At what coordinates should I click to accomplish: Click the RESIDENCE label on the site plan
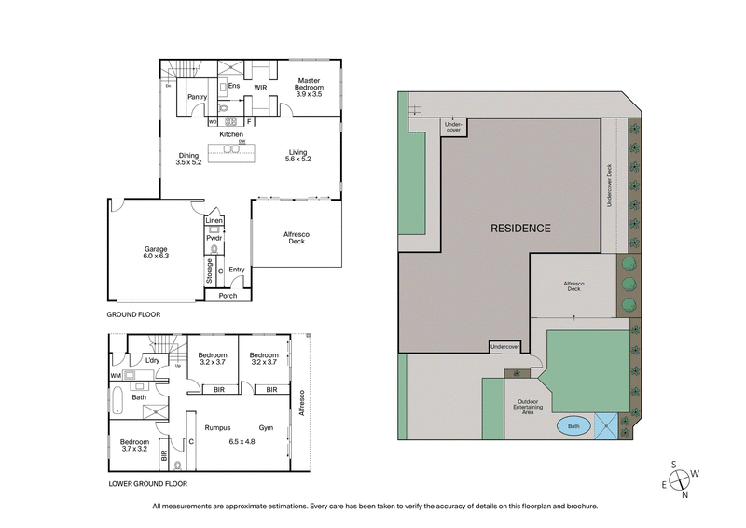(520, 229)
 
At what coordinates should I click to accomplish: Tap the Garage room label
(155, 249)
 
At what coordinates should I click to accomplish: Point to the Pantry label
(197, 96)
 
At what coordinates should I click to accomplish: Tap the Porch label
(228, 296)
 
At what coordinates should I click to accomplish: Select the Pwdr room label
(214, 238)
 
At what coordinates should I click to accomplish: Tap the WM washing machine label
(116, 376)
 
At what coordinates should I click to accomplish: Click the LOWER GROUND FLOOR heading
(147, 484)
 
